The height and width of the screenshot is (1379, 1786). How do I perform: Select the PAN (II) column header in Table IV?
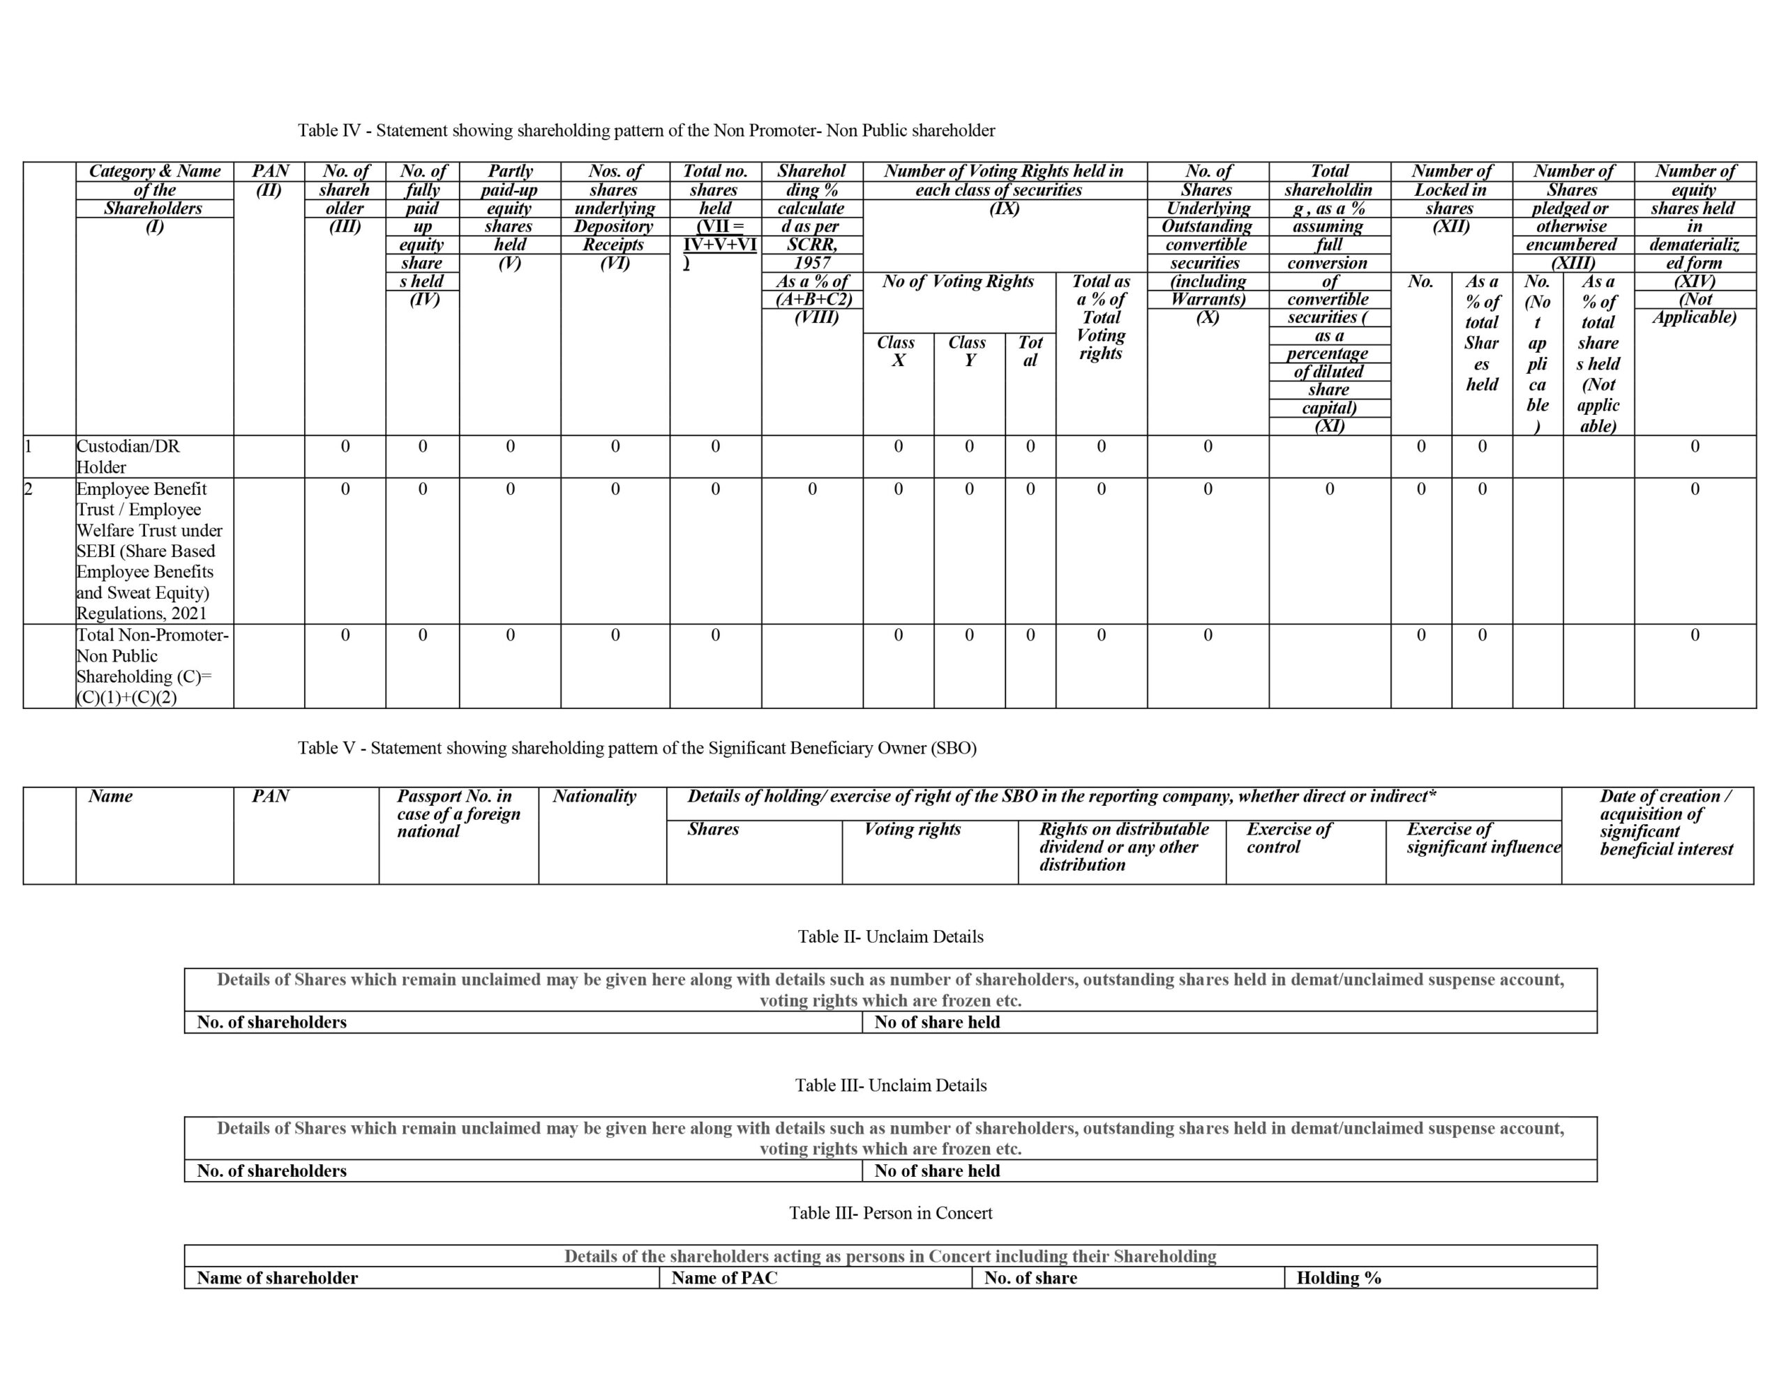(270, 181)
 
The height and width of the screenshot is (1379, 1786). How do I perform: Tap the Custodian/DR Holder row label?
(128, 457)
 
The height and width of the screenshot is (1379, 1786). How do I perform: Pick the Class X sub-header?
(897, 351)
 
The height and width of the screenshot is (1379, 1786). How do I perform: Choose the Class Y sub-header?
(968, 351)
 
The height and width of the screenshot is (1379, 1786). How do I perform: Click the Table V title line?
(637, 748)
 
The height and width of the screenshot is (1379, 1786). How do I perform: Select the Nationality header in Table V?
(594, 796)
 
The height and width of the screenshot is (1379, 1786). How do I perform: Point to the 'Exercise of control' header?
(1289, 838)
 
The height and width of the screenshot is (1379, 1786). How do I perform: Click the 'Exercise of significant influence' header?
(1482, 838)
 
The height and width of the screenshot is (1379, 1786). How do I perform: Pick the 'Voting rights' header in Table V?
(912, 829)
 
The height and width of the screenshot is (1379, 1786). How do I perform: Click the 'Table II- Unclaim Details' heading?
(890, 937)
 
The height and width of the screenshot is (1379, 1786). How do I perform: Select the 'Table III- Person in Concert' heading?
(890, 1213)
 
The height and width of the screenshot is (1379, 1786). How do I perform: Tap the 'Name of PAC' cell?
(725, 1279)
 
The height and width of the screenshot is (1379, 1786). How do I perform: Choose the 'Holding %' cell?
(1339, 1279)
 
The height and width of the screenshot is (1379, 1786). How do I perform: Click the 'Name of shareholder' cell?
(277, 1279)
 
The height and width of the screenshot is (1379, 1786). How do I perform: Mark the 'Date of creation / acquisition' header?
(1666, 823)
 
